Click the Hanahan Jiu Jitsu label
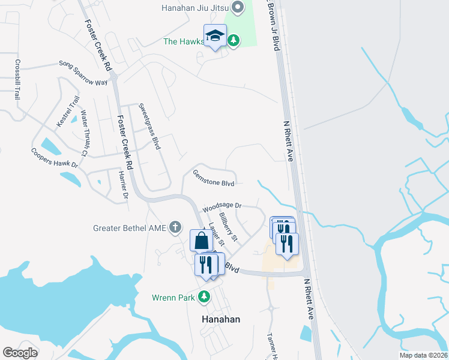click(x=195, y=8)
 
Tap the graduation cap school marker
click(x=214, y=36)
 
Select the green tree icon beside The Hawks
click(x=234, y=41)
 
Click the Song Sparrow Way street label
click(x=83, y=72)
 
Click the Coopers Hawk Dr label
click(x=55, y=158)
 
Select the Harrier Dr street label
click(x=124, y=185)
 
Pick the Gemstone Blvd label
click(x=213, y=178)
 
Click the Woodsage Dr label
click(x=221, y=207)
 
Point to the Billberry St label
click(x=229, y=227)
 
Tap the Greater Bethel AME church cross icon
click(x=175, y=227)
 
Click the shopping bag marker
click(x=202, y=241)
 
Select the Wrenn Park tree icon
click(x=204, y=296)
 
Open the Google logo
click(x=20, y=353)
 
